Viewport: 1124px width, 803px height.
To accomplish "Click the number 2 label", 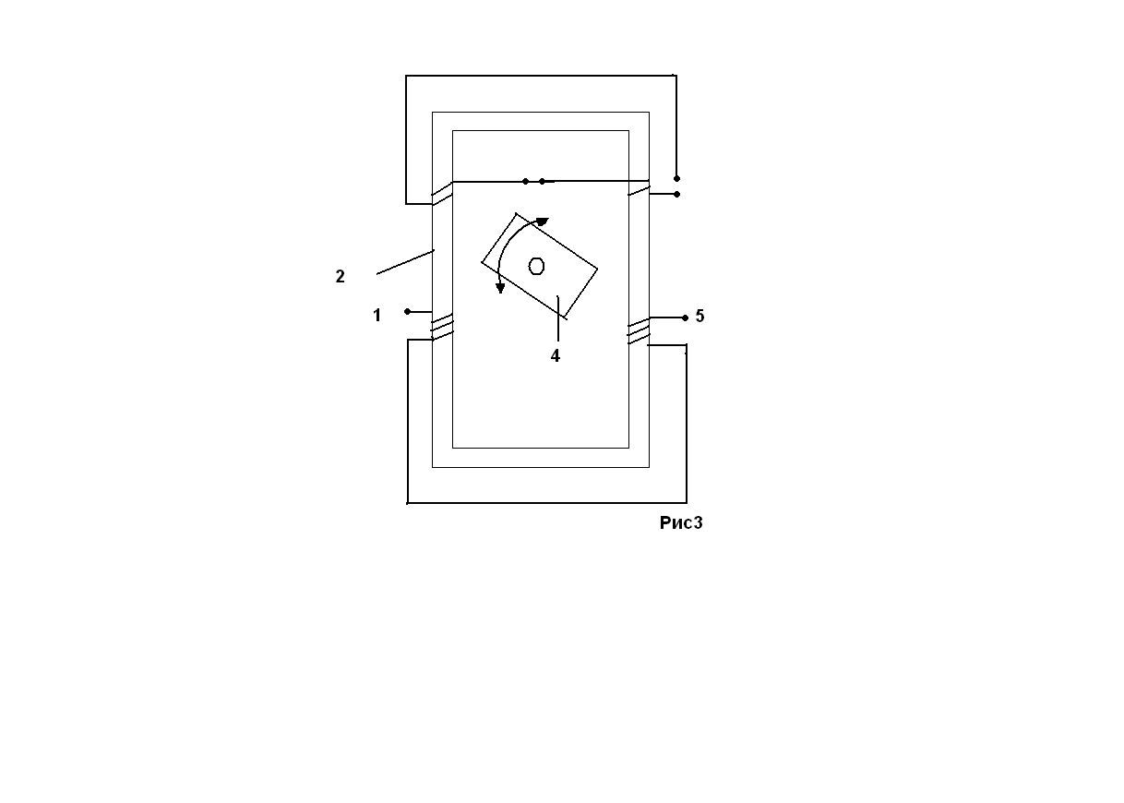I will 340,276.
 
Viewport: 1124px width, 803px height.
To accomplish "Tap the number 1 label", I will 377,316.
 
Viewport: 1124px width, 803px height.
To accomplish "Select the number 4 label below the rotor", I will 556,355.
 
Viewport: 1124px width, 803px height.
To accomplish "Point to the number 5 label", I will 700,316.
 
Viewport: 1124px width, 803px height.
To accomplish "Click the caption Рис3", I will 681,523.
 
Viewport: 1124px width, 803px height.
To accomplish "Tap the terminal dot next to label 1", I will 407,312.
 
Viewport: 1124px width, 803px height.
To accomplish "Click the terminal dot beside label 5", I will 685,318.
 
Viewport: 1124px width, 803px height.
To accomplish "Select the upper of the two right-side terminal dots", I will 676,178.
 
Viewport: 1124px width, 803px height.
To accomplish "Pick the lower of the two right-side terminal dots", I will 676,194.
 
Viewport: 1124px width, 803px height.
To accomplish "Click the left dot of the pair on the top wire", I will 525,182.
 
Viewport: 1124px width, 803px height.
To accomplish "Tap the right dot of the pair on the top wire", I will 542,182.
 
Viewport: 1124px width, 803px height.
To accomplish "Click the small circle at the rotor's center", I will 536,266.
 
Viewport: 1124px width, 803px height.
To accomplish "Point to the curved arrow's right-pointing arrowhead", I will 543,222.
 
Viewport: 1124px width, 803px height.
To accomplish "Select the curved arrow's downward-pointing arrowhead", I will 500,288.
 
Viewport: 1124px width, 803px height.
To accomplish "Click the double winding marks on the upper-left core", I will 442,193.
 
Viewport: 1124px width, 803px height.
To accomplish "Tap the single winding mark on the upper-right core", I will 639,190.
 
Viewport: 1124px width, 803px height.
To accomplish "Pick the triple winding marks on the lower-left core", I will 443,327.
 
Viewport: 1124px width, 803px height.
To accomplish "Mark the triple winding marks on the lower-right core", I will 639,331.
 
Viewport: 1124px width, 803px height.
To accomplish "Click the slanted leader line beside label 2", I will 405,262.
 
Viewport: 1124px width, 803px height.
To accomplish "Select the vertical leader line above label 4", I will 558,318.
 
